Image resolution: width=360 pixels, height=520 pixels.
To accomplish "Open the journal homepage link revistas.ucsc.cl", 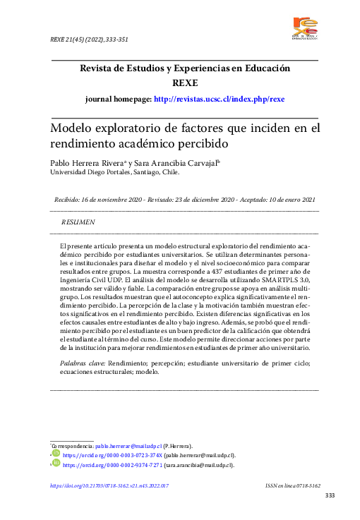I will [x=219, y=99].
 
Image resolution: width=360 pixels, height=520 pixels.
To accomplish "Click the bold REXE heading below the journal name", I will [x=185, y=83].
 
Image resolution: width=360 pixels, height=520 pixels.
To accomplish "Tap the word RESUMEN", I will [x=78, y=222].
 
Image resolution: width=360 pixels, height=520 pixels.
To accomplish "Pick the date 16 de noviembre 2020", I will [x=119, y=200].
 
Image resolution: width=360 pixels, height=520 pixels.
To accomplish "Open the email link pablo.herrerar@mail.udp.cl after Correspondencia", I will [x=128, y=447].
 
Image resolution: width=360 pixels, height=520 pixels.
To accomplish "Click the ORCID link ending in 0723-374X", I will [x=112, y=456].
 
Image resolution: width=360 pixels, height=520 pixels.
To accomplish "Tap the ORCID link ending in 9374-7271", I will [x=113, y=466].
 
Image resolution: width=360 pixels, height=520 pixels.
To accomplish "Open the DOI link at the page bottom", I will [x=109, y=486].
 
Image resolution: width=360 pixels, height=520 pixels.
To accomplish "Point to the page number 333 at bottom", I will [x=329, y=496].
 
